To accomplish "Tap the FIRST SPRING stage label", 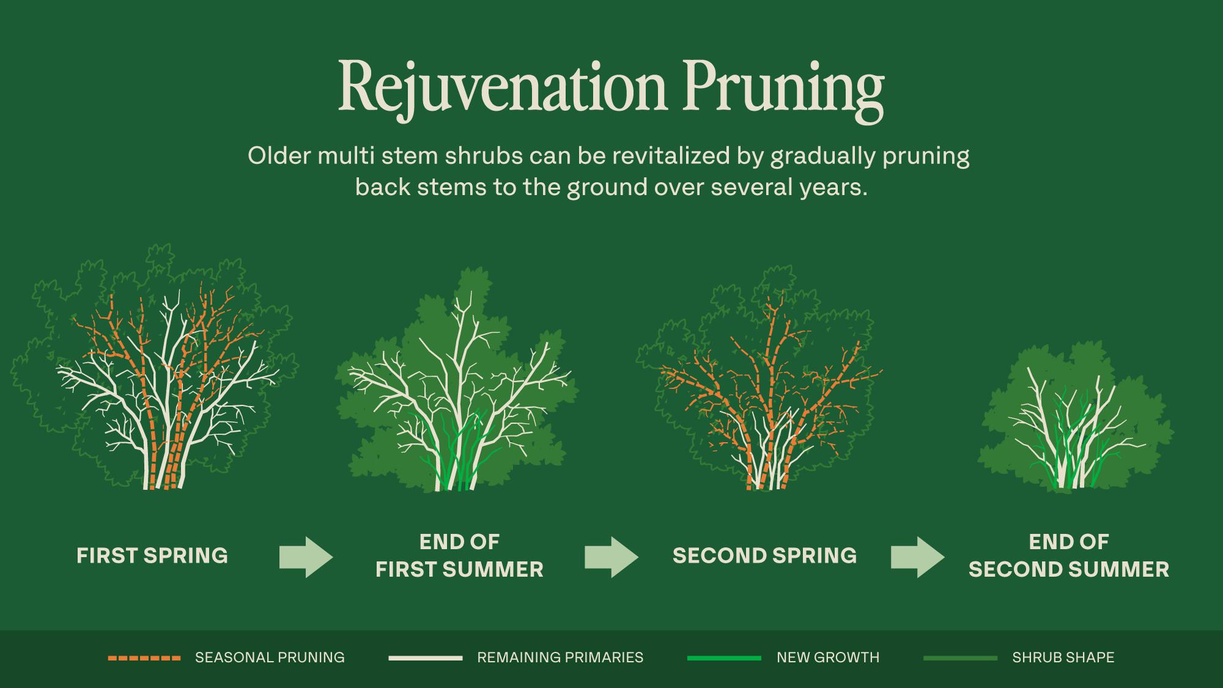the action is pyautogui.click(x=152, y=556).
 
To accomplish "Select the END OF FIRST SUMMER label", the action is pyautogui.click(x=459, y=556).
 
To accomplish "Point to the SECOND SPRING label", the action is pyautogui.click(x=764, y=556).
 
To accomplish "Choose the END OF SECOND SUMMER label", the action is pyautogui.click(x=1069, y=556).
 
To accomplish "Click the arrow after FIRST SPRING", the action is pyautogui.click(x=306, y=557).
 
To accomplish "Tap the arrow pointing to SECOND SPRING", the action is pyautogui.click(x=611, y=557).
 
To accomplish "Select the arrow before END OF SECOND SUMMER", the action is pyautogui.click(x=917, y=557).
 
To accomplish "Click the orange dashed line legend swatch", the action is pyautogui.click(x=144, y=658).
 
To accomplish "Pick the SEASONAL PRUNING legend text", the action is pyautogui.click(x=270, y=658).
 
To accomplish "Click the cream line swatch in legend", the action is pyautogui.click(x=425, y=658).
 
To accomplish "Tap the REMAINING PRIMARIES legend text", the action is pyautogui.click(x=560, y=658).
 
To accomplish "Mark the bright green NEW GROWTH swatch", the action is pyautogui.click(x=724, y=658).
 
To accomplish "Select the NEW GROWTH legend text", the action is pyautogui.click(x=828, y=658).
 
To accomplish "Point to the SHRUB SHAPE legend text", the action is pyautogui.click(x=1063, y=658).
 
